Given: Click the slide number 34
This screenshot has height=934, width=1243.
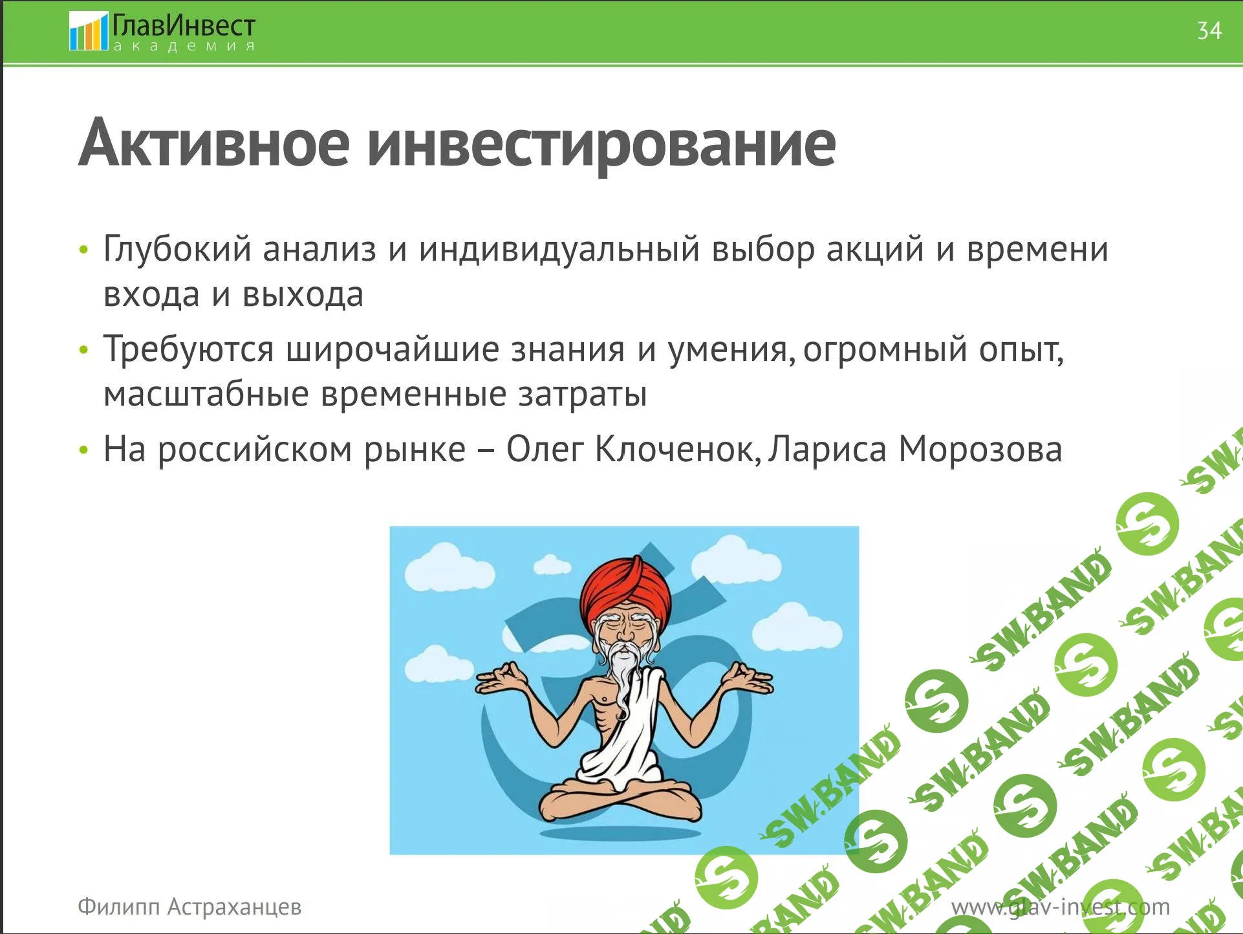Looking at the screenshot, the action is (x=1209, y=30).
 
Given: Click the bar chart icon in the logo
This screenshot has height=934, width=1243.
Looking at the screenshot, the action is (x=88, y=32).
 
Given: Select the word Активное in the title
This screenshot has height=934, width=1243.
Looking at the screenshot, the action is (x=214, y=142).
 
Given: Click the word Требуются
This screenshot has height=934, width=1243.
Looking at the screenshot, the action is (x=189, y=349).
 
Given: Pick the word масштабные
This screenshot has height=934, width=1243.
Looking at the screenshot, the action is (x=206, y=395).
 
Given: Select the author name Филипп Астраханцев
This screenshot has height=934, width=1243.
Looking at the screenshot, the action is (x=189, y=907).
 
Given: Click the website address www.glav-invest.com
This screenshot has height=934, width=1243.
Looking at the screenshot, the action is (x=1061, y=907).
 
